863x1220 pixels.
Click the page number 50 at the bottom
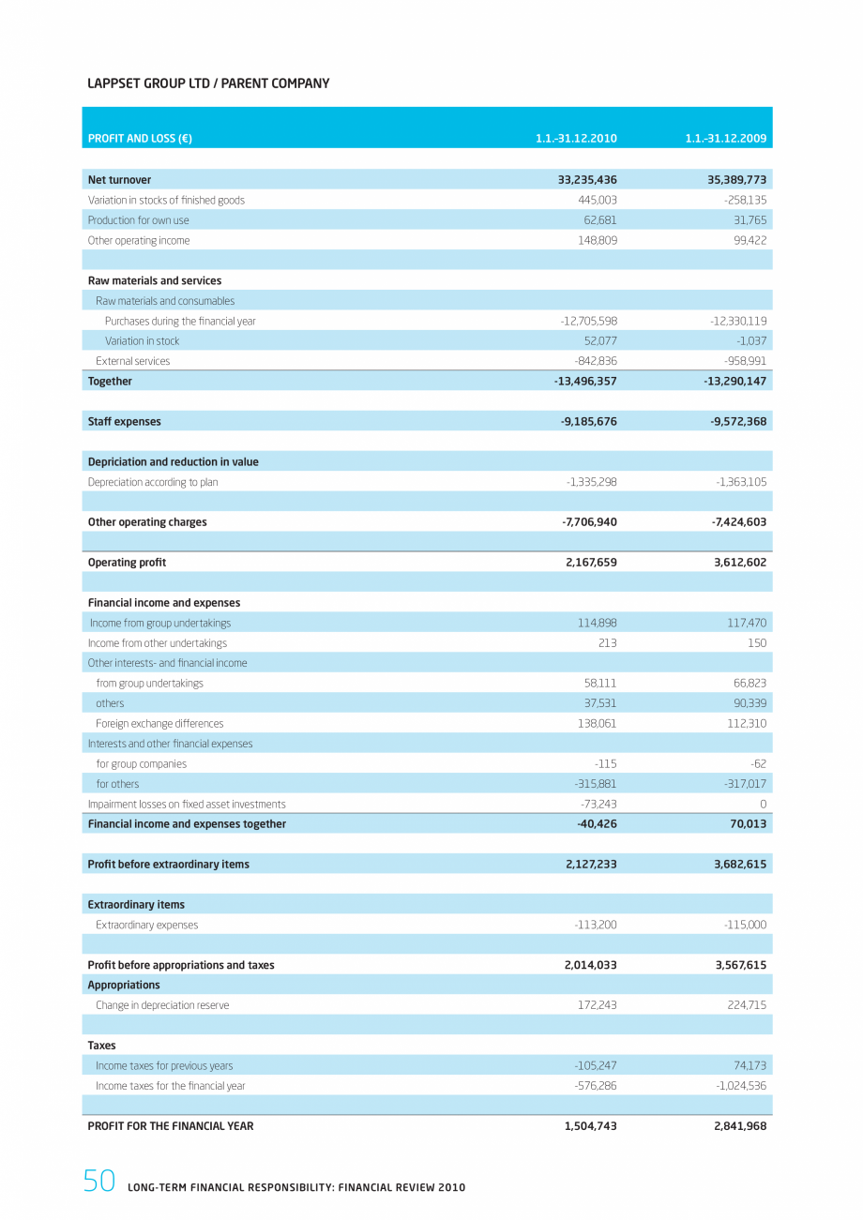click(98, 1182)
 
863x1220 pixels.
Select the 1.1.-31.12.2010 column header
click(576, 139)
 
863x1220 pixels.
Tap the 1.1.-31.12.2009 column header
click(725, 139)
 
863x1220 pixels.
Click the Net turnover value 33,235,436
click(581, 180)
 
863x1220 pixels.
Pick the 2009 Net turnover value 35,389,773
click(731, 180)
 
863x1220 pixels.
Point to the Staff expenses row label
click(124, 422)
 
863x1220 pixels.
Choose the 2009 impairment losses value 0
click(763, 805)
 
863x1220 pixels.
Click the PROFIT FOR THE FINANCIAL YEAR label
click(170, 1126)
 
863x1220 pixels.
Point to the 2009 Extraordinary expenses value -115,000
click(745, 925)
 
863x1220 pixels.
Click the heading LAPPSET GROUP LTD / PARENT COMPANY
click(208, 83)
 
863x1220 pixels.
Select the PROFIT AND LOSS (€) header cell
click(140, 139)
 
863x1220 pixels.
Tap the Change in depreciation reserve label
click(162, 1005)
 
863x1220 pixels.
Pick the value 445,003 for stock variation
click(597, 201)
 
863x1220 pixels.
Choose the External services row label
click(132, 361)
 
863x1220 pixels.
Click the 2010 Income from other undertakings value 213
click(607, 643)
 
